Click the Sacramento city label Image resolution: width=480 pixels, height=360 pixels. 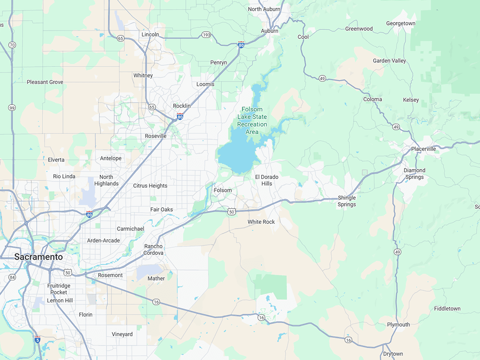38,257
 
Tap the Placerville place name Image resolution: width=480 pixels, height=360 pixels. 423,149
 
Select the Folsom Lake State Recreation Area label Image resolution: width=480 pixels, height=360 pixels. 252,120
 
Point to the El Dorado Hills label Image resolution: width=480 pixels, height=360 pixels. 267,180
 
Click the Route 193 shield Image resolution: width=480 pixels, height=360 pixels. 205,35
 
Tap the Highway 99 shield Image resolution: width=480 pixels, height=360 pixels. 12,108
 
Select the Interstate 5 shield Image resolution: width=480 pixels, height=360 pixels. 37,339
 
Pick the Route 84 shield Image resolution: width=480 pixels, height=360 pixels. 12,277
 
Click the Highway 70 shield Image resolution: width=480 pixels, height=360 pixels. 12,45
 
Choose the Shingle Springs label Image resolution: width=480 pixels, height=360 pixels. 347,201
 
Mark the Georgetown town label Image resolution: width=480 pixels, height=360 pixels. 401,24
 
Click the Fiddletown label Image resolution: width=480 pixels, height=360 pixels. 447,309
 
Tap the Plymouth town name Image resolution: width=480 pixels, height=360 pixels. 398,324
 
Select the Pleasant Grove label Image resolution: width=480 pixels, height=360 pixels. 45,82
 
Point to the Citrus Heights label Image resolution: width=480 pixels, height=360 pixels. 150,186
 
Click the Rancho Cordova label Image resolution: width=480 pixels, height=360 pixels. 154,250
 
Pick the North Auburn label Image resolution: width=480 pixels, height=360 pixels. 264,9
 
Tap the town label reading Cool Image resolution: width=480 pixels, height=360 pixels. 303,37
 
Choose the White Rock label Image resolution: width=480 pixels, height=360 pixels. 261,222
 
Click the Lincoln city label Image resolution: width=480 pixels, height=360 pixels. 150,35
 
